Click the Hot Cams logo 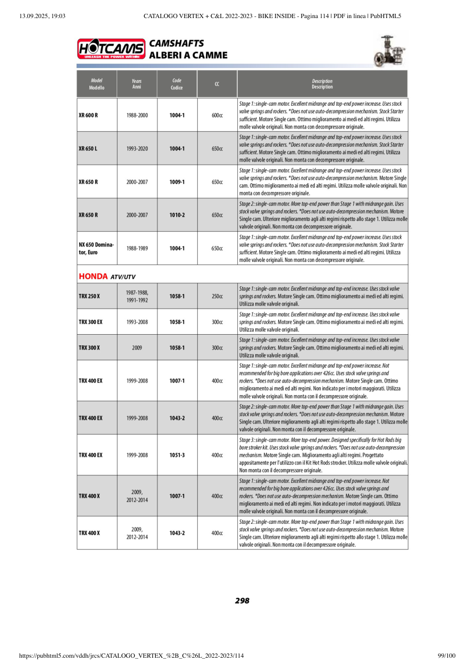pyautogui.click(x=111, y=48)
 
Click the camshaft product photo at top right pyautogui.click(x=390, y=50)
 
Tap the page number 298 pyautogui.click(x=242, y=601)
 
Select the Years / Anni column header pyautogui.click(x=137, y=84)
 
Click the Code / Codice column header pyautogui.click(x=177, y=84)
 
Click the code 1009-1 pyautogui.click(x=177, y=182)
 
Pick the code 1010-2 pyautogui.click(x=177, y=215)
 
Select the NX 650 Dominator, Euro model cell pyautogui.click(x=96, y=248)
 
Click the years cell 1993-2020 pyautogui.click(x=137, y=149)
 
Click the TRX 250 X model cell pyautogui.click(x=89, y=296)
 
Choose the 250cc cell pyautogui.click(x=217, y=296)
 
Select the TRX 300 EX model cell pyautogui.click(x=90, y=321)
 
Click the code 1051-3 pyautogui.click(x=177, y=455)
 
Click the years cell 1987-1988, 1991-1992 pyautogui.click(x=137, y=296)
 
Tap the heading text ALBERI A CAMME pyautogui.click(x=188, y=55)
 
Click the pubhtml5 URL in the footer pyautogui.click(x=131, y=656)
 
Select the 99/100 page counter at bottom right pyautogui.click(x=446, y=656)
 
